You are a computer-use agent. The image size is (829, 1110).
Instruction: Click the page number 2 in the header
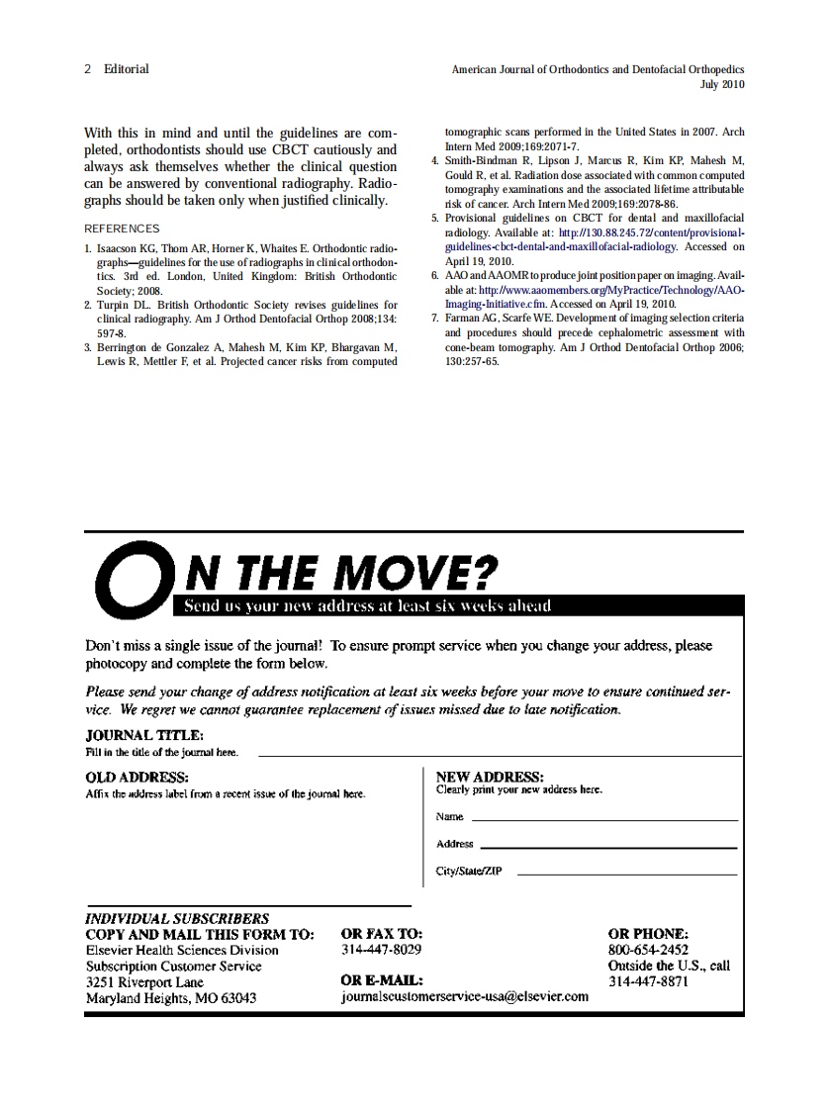pyautogui.click(x=88, y=69)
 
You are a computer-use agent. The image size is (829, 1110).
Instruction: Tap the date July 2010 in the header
pyautogui.click(x=721, y=85)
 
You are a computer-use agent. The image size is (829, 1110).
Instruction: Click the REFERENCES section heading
pyautogui.click(x=122, y=229)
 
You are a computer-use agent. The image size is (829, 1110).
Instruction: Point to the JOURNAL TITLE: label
pyautogui.click(x=144, y=735)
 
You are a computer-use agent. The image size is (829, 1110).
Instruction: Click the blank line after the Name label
pyautogui.click(x=604, y=820)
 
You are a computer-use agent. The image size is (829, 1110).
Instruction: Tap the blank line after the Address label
pyautogui.click(x=608, y=848)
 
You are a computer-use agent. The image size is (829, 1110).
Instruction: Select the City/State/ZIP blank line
pyautogui.click(x=627, y=875)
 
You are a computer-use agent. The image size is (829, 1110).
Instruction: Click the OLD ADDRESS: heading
pyautogui.click(x=138, y=778)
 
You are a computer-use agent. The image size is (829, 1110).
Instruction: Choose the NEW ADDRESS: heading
pyautogui.click(x=490, y=778)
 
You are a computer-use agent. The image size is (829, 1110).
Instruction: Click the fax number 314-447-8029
pyautogui.click(x=381, y=950)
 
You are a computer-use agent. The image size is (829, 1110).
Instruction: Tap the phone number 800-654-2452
pyautogui.click(x=648, y=950)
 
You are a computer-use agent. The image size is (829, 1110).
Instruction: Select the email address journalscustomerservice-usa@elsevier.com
pyautogui.click(x=464, y=997)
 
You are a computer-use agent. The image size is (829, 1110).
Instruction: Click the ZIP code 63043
pyautogui.click(x=236, y=998)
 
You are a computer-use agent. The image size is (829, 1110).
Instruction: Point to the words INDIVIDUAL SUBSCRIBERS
pyautogui.click(x=177, y=918)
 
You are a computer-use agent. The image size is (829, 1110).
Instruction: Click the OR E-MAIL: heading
pyautogui.click(x=382, y=980)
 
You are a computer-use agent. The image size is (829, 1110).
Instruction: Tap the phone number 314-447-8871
pyautogui.click(x=648, y=981)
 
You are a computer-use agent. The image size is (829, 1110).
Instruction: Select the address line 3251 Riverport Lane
pyautogui.click(x=144, y=982)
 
